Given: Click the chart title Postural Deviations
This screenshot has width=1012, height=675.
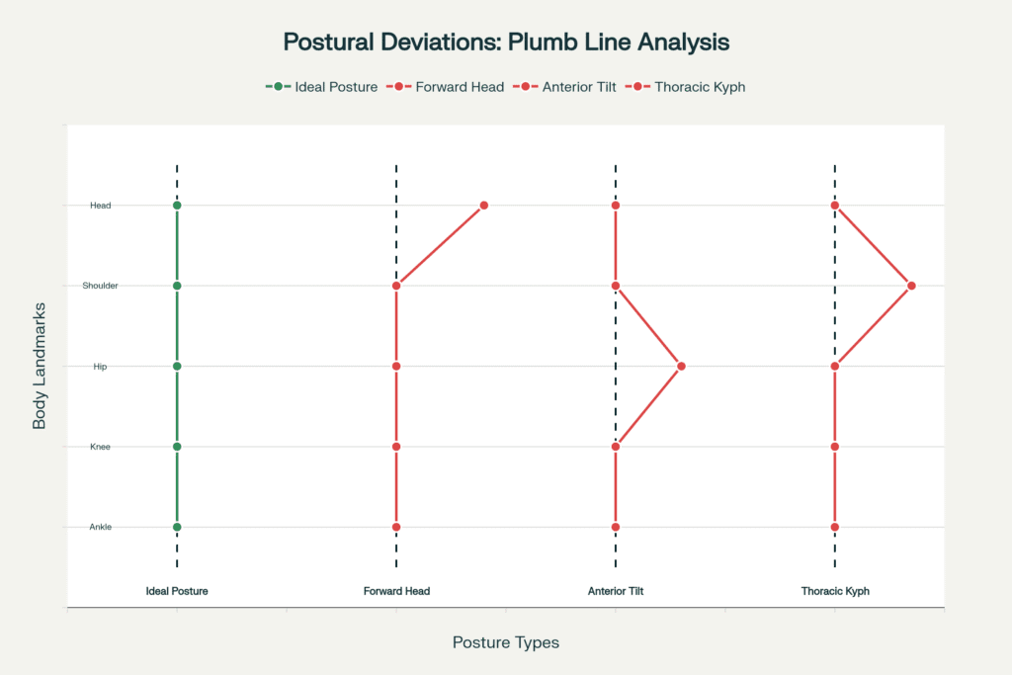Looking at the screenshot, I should tap(506, 42).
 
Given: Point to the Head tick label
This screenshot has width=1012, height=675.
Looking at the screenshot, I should tap(100, 206).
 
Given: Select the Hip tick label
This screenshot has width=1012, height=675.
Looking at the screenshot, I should tap(100, 367).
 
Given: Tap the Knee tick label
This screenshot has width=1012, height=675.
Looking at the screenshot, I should tap(100, 447).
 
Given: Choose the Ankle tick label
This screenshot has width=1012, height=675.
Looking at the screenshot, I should tap(100, 527).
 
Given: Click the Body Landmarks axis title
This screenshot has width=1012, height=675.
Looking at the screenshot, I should tap(41, 367).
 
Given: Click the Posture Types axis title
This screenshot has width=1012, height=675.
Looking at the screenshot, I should tap(506, 642).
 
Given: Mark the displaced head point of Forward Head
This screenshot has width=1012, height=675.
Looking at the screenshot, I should tap(484, 206).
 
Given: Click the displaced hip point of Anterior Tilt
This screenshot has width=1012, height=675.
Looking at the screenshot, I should tap(681, 367).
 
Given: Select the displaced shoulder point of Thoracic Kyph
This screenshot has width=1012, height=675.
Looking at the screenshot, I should tap(911, 286).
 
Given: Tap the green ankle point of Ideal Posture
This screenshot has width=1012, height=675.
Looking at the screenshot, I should tap(177, 527).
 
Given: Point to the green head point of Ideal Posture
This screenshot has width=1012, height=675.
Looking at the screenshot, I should tap(177, 206).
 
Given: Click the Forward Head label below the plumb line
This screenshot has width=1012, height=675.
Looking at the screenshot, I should tap(396, 591).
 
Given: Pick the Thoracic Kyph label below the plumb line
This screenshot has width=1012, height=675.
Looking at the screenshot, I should tap(835, 591).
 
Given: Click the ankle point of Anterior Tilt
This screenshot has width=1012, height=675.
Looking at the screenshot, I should tap(616, 527).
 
